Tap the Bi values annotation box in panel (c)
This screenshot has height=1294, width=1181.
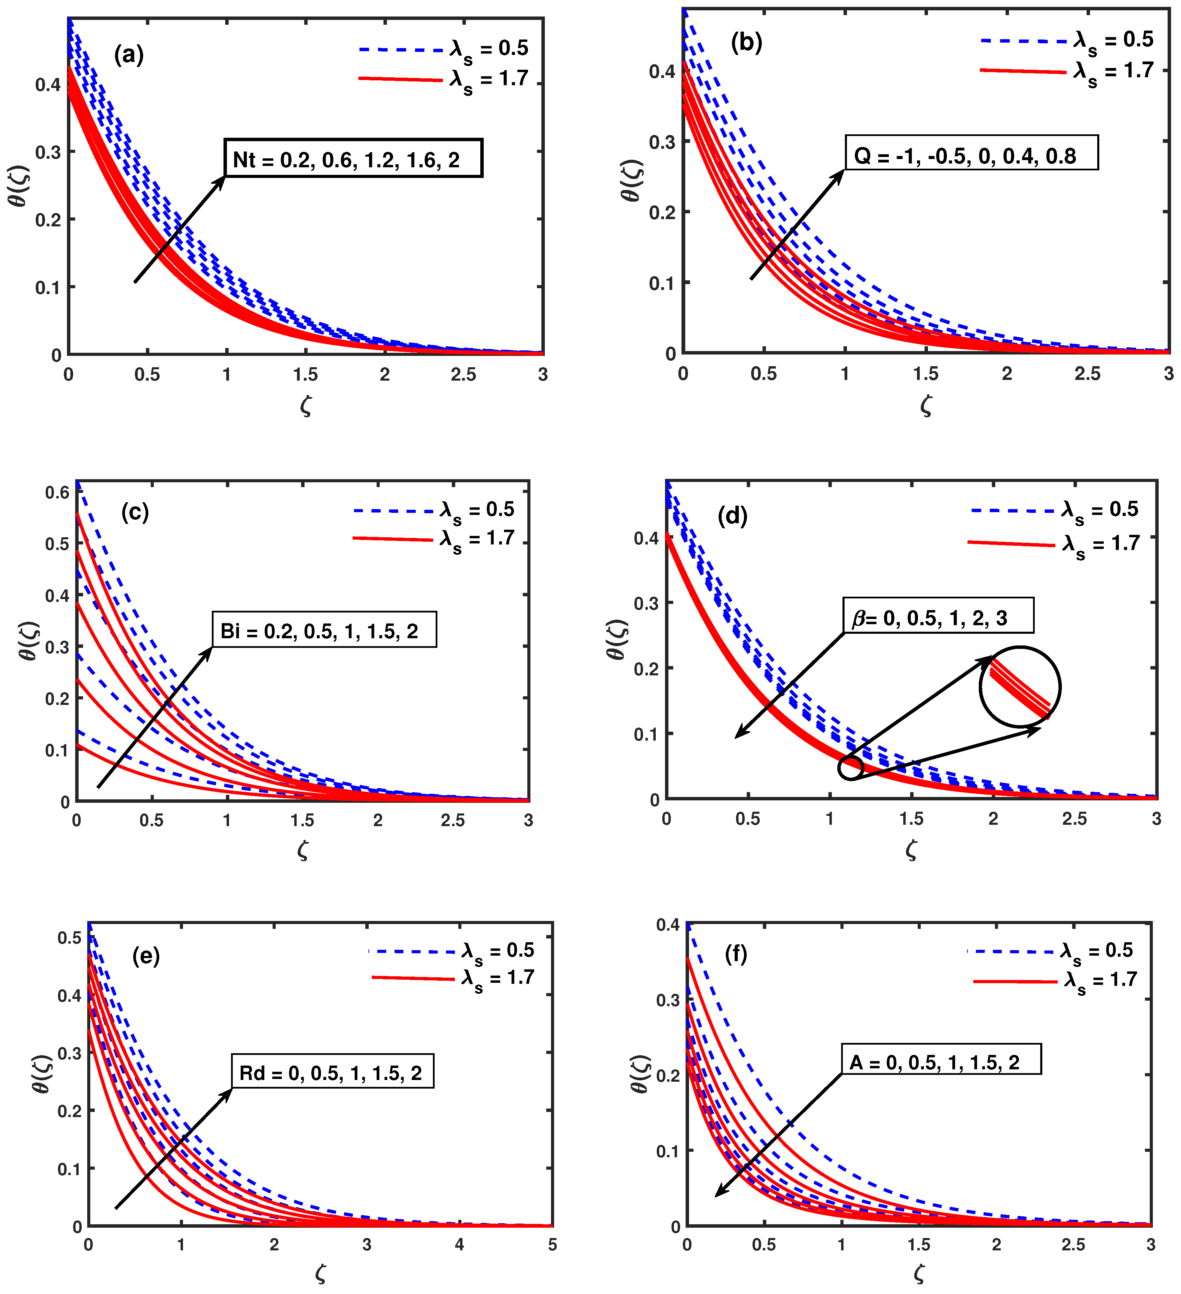(x=324, y=630)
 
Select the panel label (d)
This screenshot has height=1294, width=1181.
(x=732, y=515)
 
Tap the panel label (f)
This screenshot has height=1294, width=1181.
(x=736, y=954)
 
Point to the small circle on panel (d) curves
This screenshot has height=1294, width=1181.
(x=851, y=768)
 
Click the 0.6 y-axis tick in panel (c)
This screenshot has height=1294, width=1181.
(x=57, y=493)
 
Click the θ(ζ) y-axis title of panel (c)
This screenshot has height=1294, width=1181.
(x=29, y=641)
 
